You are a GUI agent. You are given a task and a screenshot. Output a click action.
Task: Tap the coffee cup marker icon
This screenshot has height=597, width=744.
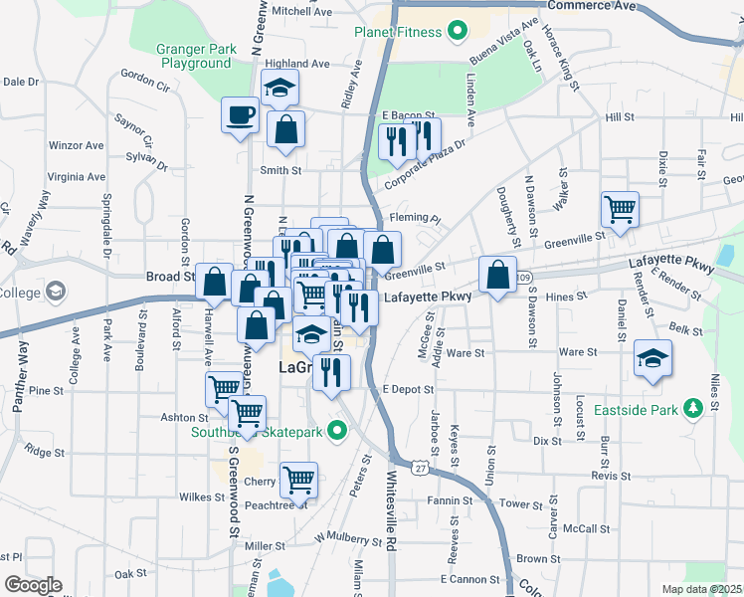[x=239, y=115]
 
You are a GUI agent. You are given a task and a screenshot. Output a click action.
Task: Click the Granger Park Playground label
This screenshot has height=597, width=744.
[x=195, y=56]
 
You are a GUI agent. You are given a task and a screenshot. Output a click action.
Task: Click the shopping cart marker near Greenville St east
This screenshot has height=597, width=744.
[x=620, y=210]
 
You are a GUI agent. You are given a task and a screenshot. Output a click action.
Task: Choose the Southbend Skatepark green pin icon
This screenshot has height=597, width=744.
[x=337, y=431]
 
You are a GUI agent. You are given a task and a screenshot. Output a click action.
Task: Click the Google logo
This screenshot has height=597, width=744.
[x=33, y=585]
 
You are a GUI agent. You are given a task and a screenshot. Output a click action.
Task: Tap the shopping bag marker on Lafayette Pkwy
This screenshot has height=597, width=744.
[x=497, y=275]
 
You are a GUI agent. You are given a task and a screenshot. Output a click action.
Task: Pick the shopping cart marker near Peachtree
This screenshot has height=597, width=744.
[x=298, y=481]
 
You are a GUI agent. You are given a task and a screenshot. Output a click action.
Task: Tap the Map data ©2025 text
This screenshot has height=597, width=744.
[x=701, y=589]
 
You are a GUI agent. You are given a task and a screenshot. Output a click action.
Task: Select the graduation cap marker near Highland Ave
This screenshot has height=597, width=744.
[x=279, y=89]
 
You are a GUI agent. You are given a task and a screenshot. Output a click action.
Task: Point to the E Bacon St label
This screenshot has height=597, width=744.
[x=410, y=115]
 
